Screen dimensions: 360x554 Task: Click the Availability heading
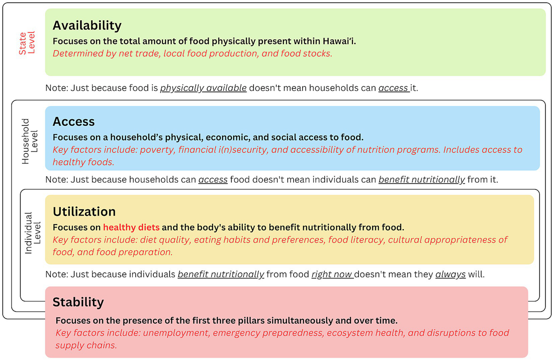tap(87, 25)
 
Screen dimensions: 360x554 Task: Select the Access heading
tap(74, 122)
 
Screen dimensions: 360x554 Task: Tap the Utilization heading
tap(84, 212)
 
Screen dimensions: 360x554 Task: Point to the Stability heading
tap(78, 302)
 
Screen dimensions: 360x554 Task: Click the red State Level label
tap(27, 43)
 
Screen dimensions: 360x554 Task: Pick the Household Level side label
tap(30, 141)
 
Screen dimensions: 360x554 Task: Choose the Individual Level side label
tap(32, 233)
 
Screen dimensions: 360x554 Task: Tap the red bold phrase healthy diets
tap(131, 227)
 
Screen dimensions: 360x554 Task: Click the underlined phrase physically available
tap(203, 88)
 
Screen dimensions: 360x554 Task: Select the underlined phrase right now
tap(332, 274)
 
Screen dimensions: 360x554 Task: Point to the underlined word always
tap(450, 274)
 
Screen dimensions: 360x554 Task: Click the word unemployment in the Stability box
tap(176, 333)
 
